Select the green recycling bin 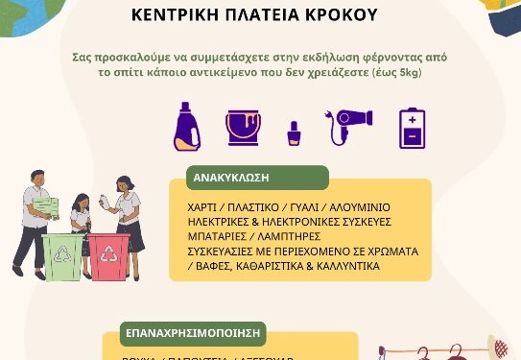point(63,256)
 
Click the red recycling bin point(108,256)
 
